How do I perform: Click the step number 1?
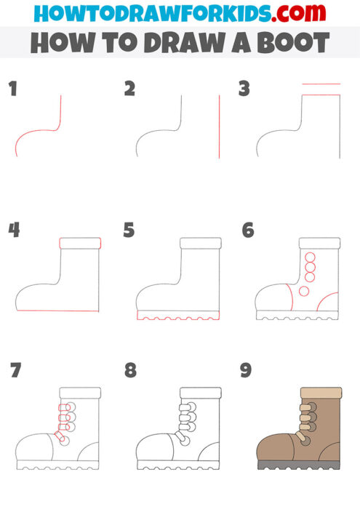(x=12, y=90)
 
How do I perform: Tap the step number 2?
(x=129, y=89)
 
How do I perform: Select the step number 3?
(x=244, y=89)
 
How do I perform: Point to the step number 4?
(x=13, y=231)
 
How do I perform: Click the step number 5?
(x=129, y=231)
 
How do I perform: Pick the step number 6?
(x=247, y=231)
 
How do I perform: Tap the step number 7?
(x=15, y=371)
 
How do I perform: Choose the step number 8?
(x=130, y=371)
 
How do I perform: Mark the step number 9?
(x=247, y=371)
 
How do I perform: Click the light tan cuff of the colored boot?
(x=321, y=393)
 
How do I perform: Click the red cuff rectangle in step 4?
(x=79, y=244)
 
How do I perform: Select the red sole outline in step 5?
(x=178, y=316)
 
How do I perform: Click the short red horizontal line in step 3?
(x=321, y=84)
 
